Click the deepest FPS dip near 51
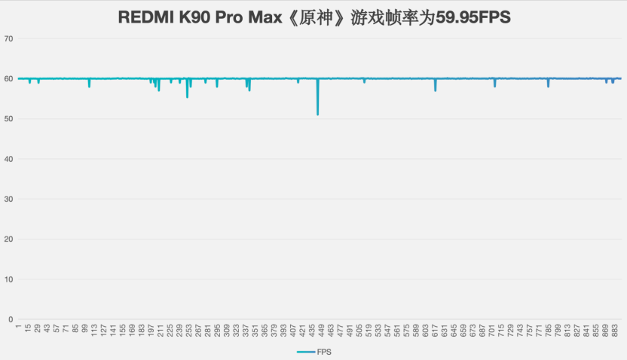coord(318,113)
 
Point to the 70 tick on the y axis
coord(8,38)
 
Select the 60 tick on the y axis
coord(8,78)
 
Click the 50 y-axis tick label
coord(8,119)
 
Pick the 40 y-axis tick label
coord(8,159)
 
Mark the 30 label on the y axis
coord(8,199)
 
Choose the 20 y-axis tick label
coord(8,239)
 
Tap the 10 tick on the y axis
coord(8,279)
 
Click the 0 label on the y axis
coord(11,319)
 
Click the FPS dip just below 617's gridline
coord(435,90)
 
